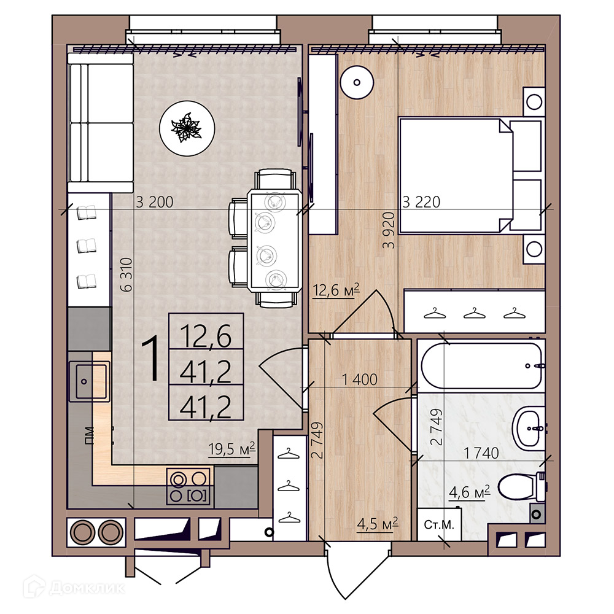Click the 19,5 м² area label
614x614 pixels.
231,448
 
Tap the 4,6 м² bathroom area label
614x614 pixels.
470,492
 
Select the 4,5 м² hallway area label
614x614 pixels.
378,524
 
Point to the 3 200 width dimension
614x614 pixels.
154,202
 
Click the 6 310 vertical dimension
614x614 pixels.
126,274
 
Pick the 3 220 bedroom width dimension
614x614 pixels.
421,202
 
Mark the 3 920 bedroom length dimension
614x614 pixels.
389,230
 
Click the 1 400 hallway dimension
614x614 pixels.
359,379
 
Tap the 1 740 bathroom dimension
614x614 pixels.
481,453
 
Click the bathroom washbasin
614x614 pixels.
528,429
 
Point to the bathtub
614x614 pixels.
481,365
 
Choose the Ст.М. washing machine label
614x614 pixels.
439,525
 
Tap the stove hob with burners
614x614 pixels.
188,486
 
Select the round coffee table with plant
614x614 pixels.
187,128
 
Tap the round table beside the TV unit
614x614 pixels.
357,82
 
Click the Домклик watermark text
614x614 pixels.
87,588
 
